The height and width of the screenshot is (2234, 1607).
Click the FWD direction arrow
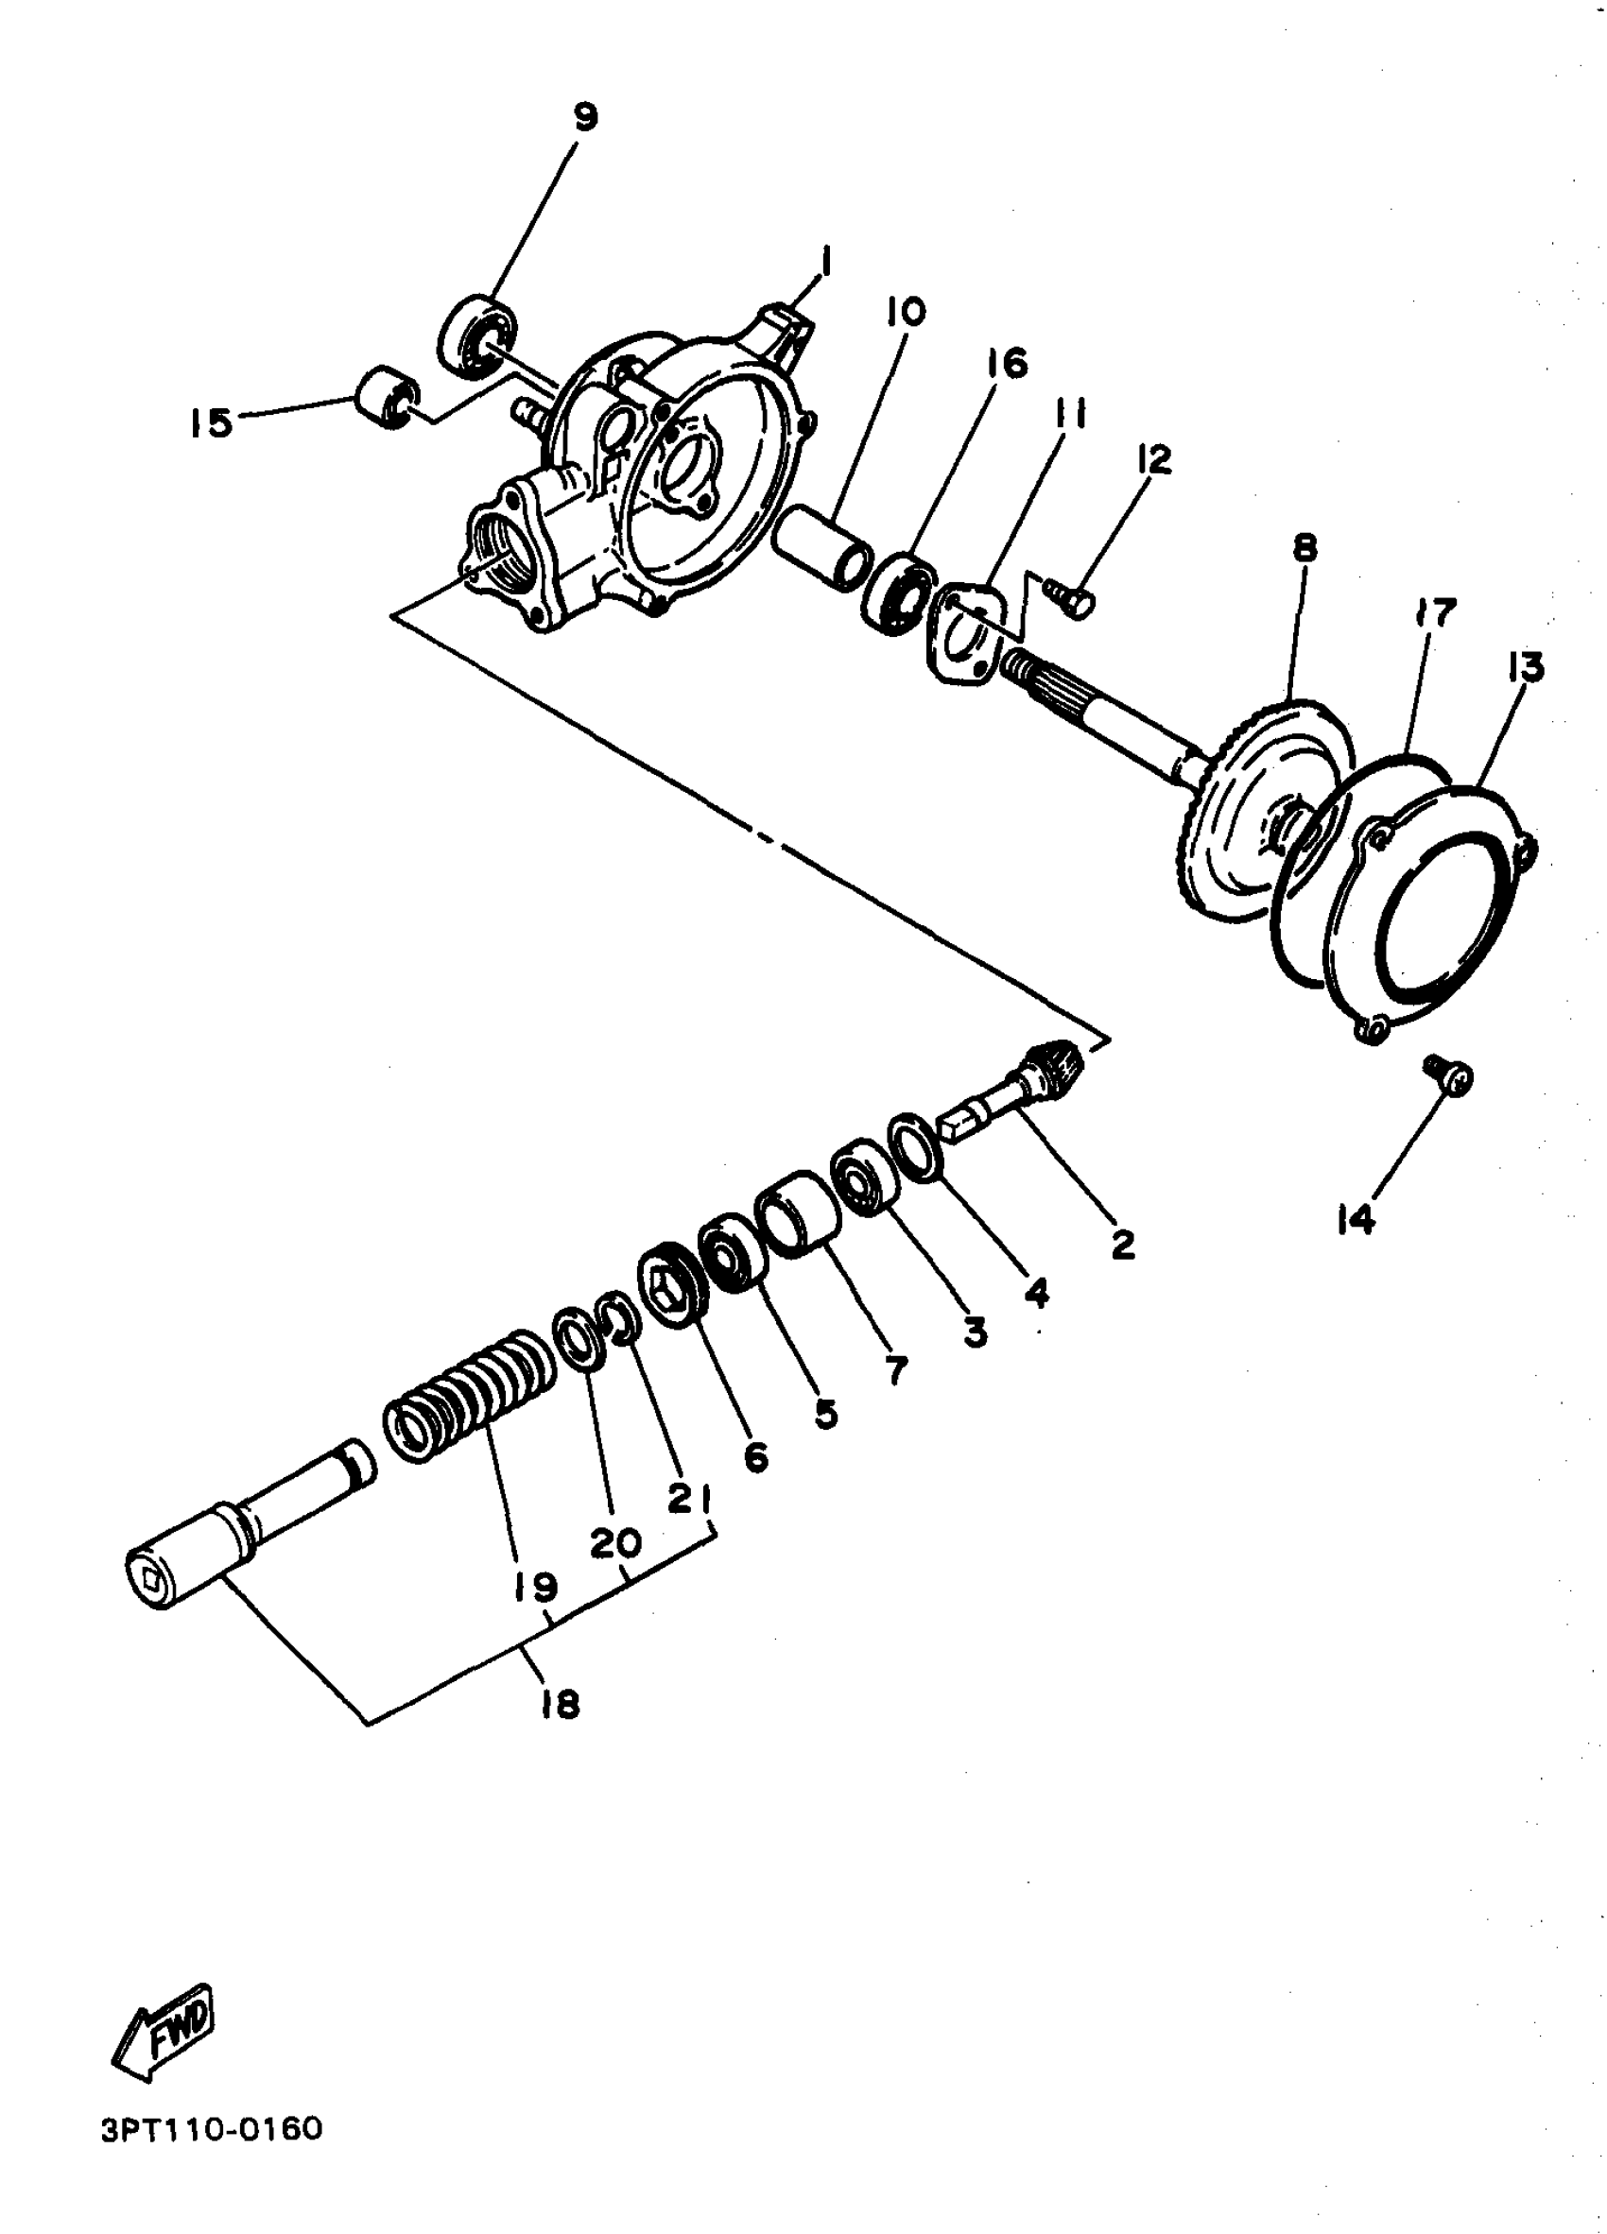click(x=163, y=2030)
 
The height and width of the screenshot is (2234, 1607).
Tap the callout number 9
click(x=584, y=118)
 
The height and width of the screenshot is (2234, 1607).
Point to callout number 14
click(x=1356, y=1220)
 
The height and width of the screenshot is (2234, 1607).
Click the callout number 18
click(x=560, y=1703)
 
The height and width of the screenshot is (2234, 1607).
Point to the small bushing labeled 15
click(x=387, y=398)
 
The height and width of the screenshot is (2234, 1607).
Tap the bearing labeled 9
click(x=476, y=335)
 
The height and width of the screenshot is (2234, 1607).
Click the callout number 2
click(x=1122, y=1244)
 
